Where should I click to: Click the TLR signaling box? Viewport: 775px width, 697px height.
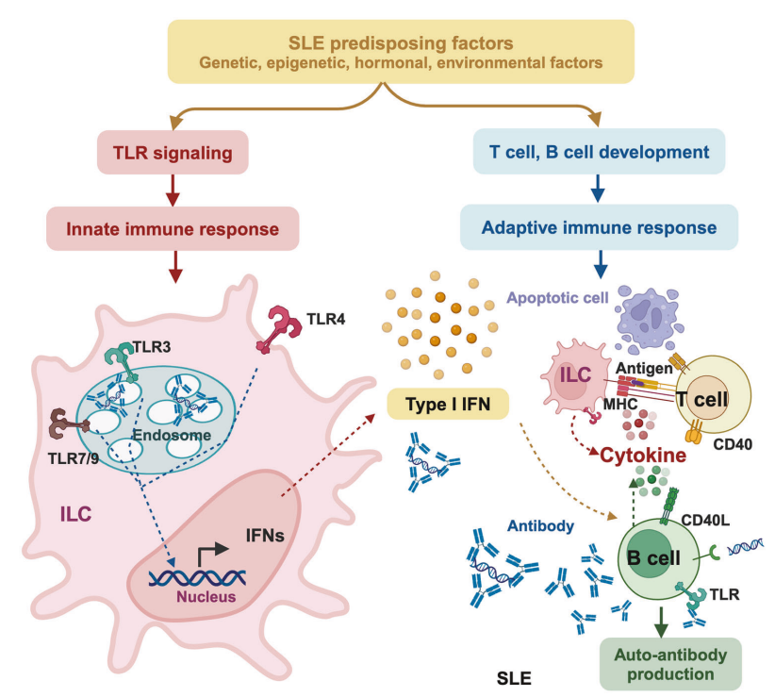[x=173, y=151]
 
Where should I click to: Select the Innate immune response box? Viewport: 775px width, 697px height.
[x=173, y=228]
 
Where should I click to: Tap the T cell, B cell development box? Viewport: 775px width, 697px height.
[x=597, y=151]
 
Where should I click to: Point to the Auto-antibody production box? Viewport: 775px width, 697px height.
[x=670, y=664]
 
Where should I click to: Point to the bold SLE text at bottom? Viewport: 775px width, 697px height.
[x=514, y=677]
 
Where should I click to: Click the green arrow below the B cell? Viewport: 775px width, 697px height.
[x=663, y=618]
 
